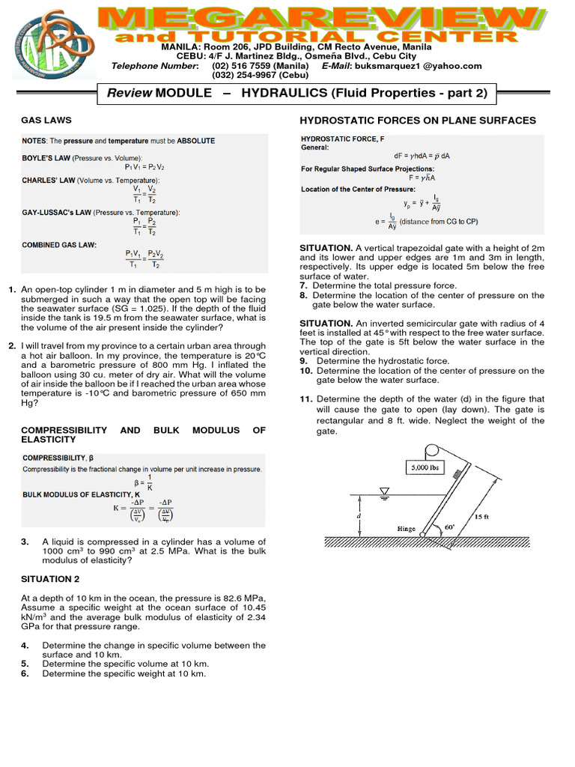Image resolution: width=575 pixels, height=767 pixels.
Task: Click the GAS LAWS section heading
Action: (46, 120)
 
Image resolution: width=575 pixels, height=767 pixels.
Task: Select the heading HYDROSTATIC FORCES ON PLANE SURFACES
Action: (418, 120)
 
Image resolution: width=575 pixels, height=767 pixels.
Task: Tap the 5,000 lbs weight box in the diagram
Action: (425, 468)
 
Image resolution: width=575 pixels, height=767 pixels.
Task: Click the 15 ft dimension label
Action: (483, 516)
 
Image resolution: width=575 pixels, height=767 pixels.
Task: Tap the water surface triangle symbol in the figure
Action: (384, 492)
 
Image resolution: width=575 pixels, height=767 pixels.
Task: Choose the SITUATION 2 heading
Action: (50, 579)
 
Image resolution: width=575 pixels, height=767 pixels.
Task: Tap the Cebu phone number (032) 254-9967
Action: (254, 75)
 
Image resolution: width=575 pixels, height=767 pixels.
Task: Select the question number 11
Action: (305, 399)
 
